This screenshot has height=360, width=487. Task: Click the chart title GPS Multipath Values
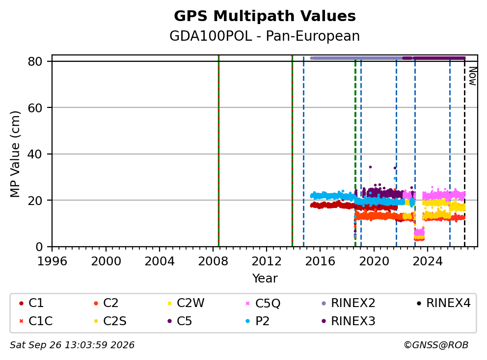point(265,16)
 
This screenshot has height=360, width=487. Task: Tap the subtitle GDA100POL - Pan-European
point(265,36)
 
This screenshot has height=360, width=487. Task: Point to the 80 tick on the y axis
point(35,61)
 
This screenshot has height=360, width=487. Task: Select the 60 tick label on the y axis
point(35,108)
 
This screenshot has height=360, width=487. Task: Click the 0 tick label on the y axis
point(39,247)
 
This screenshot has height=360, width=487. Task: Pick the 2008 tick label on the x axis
point(213,261)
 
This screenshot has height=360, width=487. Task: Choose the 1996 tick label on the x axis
point(52,261)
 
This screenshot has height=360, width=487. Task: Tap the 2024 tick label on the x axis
point(428,261)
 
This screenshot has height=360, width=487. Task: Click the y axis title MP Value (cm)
point(15,154)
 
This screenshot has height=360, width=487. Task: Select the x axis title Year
point(265,279)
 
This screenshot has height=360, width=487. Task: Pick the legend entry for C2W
point(186,303)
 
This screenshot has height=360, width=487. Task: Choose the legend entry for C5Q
point(263,303)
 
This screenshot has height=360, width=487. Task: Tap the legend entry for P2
point(257,321)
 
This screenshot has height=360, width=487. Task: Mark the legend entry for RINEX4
point(443,303)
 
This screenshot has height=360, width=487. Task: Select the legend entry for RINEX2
point(348,303)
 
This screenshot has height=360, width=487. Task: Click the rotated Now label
point(473,76)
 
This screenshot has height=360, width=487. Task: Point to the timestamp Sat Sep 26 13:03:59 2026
point(72,345)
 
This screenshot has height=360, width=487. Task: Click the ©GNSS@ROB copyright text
point(436,345)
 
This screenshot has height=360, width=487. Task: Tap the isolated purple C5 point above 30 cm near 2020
point(370,167)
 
